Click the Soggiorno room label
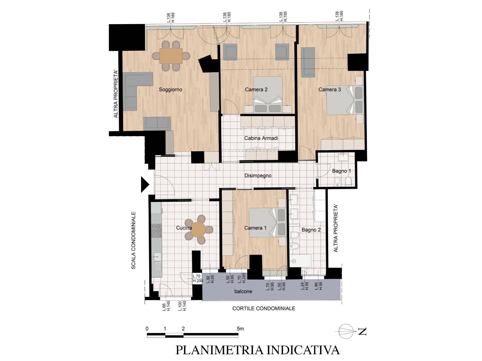point(170,89)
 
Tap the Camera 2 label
point(256,89)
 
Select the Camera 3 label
point(330,89)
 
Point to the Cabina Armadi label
point(261,138)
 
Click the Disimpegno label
point(258,176)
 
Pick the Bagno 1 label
point(341,171)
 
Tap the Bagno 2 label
point(311,230)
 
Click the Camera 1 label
point(255,228)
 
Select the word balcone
point(243,291)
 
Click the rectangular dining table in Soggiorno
point(171,56)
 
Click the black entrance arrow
point(145,185)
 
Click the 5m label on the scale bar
point(240,328)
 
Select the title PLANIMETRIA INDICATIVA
point(258,350)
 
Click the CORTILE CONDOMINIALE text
point(264,308)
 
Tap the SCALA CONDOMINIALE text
point(133,241)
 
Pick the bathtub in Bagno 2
point(300,261)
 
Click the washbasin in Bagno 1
point(342,157)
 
